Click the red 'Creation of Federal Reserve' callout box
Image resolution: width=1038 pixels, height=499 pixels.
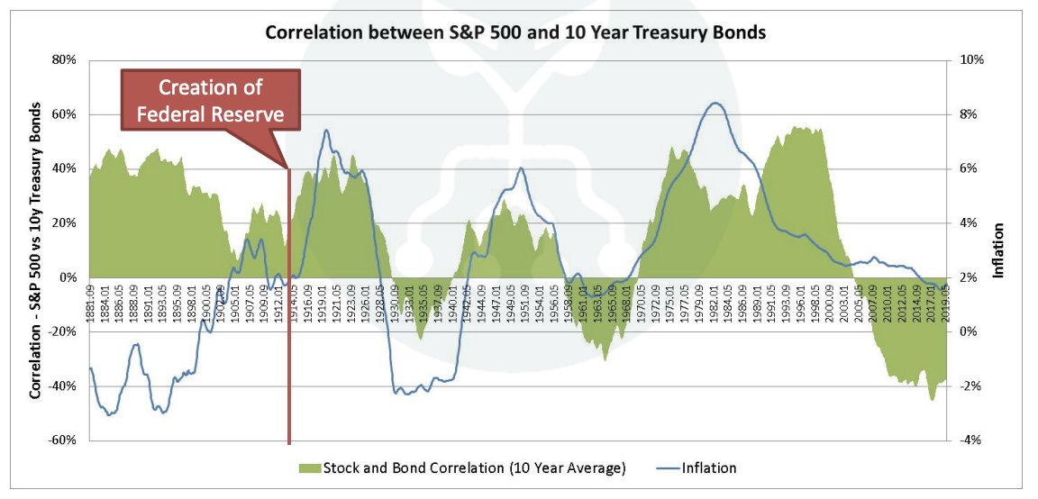210,101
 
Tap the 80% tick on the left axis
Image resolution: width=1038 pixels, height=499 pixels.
65,60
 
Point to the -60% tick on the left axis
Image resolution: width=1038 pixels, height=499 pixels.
63,440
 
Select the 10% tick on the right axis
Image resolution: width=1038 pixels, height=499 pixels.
972,60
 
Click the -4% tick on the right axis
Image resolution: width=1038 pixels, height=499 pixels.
971,440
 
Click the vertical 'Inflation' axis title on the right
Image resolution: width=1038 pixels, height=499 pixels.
998,250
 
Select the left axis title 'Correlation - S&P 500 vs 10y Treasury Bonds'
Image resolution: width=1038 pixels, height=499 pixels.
35,250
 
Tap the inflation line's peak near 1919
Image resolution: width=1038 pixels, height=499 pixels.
326,131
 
